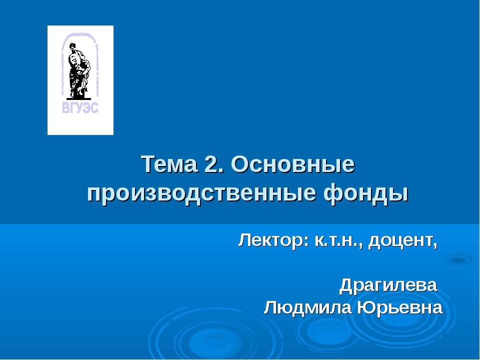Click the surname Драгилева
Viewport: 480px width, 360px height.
coord(388,285)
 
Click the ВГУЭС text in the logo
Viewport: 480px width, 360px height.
coord(80,107)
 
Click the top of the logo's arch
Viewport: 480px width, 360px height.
coord(80,33)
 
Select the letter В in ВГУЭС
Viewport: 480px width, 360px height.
coord(65,107)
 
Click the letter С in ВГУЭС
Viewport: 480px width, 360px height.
coord(94,107)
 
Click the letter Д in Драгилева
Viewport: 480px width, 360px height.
coord(347,286)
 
